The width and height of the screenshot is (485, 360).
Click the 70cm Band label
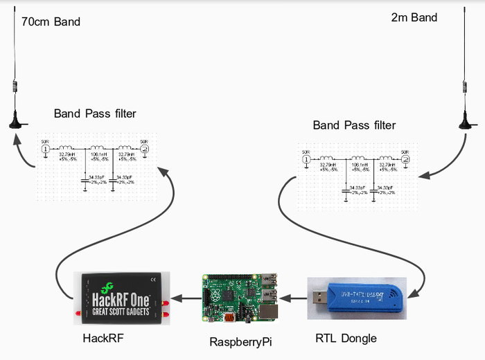point(51,21)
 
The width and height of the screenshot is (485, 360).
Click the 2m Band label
point(414,17)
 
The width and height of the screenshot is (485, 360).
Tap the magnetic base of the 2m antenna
point(466,125)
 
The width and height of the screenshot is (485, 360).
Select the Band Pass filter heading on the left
point(95,113)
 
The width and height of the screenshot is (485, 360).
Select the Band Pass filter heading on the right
point(354,125)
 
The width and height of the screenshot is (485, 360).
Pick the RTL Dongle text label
point(346,338)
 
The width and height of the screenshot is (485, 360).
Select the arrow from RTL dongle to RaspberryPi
point(292,299)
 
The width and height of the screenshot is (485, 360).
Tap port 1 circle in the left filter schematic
point(45,149)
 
